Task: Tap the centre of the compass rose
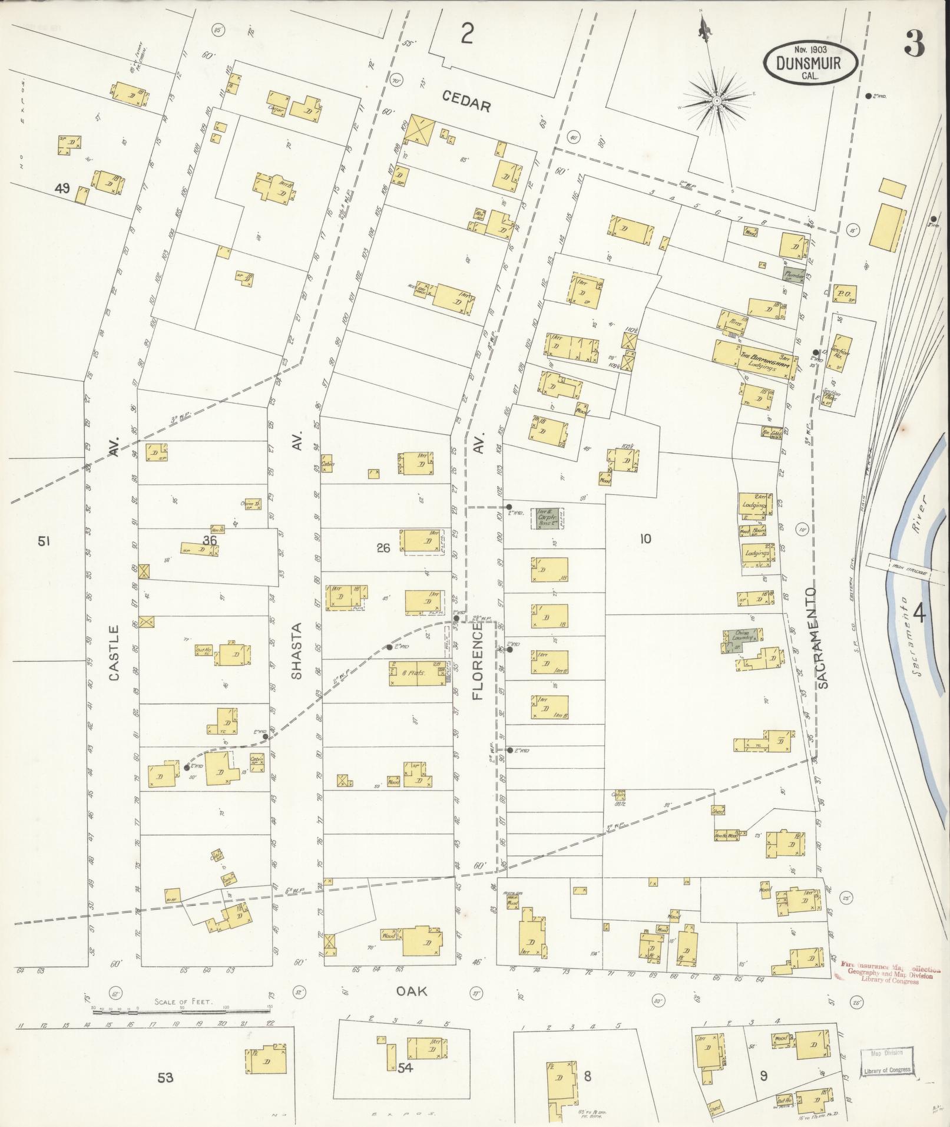tap(717, 101)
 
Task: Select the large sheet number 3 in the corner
tap(915, 43)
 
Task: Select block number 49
tap(62, 189)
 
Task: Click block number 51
tap(43, 541)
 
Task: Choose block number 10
tap(646, 538)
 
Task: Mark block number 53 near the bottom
tap(165, 1078)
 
